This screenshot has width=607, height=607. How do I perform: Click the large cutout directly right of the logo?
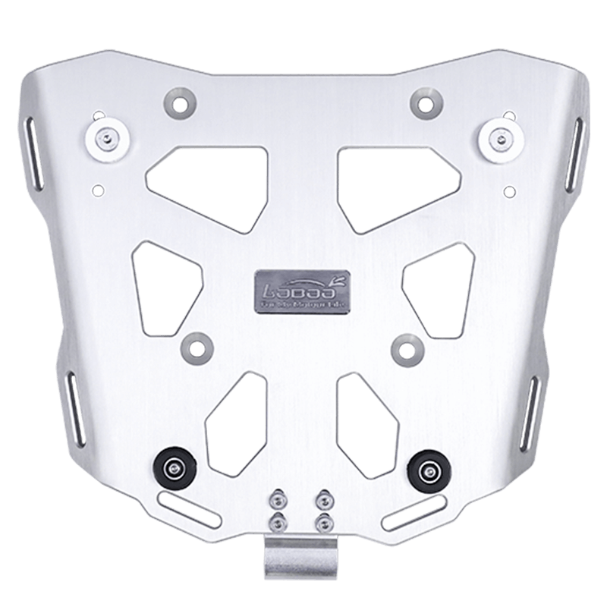(x=434, y=284)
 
